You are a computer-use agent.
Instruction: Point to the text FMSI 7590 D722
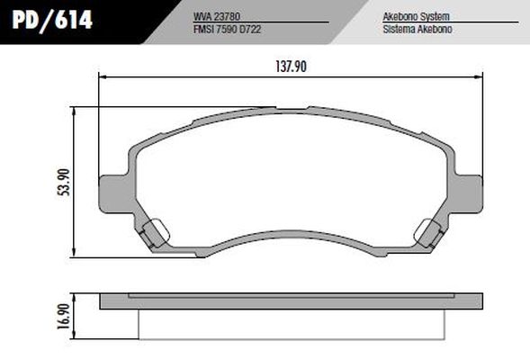click(x=233, y=29)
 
